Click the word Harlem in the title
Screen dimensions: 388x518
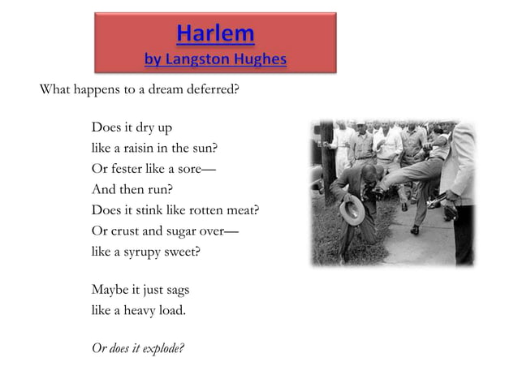(215, 34)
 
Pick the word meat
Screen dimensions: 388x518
(243, 210)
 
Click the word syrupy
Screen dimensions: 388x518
(146, 252)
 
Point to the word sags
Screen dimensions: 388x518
(177, 289)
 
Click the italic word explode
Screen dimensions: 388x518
(163, 348)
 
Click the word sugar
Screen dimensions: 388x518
(180, 231)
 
